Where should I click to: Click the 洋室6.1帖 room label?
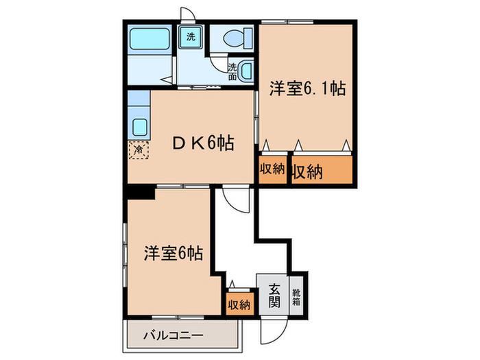coord(307,88)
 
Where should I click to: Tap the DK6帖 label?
coord(203,143)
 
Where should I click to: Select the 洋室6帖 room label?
coord(173,253)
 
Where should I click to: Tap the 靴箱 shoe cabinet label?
coord(296,295)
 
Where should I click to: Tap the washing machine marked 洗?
coord(190,38)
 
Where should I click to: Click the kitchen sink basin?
coord(139,128)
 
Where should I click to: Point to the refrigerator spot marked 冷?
coord(139,148)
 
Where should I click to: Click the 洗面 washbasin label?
coord(233,71)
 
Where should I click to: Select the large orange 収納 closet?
coord(321,171)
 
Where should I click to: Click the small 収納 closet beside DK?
coord(272,171)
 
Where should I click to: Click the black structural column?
coord(140,193)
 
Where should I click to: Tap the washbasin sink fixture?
coord(245,69)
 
